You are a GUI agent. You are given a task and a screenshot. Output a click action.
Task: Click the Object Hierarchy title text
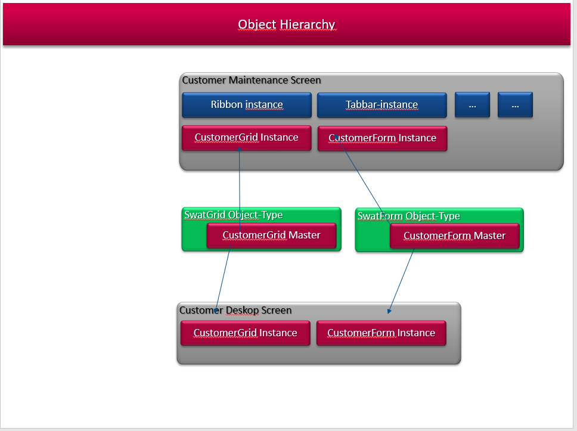click(x=286, y=24)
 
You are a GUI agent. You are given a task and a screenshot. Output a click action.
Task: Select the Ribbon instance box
click(x=247, y=105)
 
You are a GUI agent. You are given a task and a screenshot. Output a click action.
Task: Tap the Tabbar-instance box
click(x=382, y=105)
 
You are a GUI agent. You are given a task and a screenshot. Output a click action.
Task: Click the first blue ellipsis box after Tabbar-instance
click(x=473, y=105)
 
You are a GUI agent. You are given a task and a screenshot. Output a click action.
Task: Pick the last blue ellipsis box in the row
click(x=515, y=105)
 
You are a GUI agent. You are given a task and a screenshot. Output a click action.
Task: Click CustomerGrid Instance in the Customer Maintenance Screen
click(x=247, y=138)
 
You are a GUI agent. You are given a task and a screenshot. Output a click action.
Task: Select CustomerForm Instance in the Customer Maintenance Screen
click(x=382, y=138)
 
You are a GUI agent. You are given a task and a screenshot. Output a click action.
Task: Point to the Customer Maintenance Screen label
click(x=252, y=80)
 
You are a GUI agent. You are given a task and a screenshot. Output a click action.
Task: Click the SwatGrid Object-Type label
click(x=233, y=215)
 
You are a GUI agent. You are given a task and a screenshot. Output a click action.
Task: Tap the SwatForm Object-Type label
click(x=408, y=216)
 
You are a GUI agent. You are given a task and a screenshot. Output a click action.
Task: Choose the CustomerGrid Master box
click(x=272, y=235)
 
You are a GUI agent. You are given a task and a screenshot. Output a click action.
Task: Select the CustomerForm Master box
click(x=454, y=236)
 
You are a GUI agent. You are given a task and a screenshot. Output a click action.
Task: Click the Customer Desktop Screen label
click(x=235, y=310)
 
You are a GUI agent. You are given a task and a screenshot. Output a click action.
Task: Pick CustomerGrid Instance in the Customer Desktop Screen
click(x=246, y=333)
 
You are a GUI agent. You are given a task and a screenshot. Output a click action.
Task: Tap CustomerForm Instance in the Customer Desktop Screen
click(x=381, y=333)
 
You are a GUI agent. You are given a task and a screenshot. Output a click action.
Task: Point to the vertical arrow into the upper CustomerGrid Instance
click(x=240, y=190)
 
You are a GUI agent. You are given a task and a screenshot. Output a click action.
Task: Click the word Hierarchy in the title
click(x=307, y=24)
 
